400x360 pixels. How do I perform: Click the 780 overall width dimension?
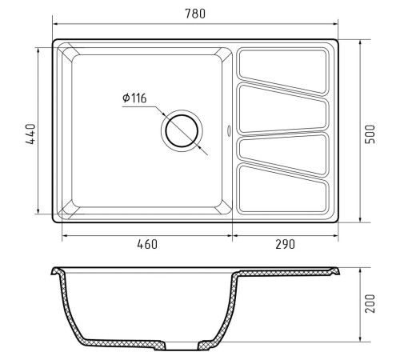point(195,14)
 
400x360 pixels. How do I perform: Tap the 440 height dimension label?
point(30,134)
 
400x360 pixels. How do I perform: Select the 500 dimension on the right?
point(370,134)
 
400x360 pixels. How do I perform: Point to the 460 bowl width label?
point(147,244)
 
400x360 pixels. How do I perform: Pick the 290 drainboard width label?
point(286,244)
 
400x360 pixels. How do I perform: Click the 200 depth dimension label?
point(370,303)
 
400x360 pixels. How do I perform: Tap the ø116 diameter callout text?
point(134,98)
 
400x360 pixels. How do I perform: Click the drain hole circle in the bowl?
point(182,130)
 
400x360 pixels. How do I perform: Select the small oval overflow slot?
point(229,130)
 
